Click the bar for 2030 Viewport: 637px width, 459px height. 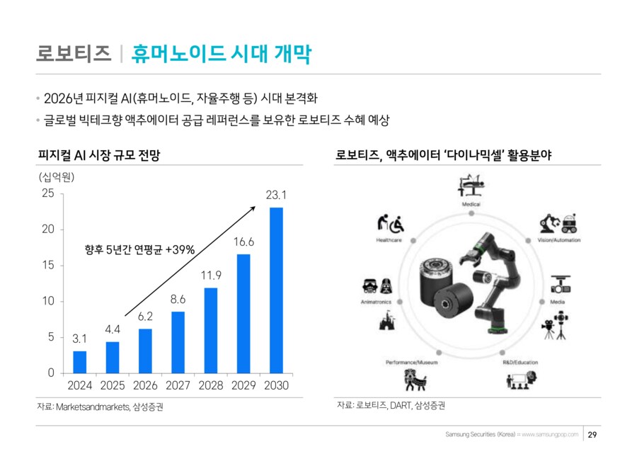276,290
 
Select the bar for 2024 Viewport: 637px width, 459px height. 80,362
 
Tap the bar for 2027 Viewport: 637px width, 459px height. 178,343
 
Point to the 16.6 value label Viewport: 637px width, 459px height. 243,242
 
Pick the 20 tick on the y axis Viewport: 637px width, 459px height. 48,229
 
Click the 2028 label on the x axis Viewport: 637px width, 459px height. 210,386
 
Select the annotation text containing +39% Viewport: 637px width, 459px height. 139,249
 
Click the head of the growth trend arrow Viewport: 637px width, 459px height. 255,206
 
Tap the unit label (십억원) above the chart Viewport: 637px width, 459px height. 57,176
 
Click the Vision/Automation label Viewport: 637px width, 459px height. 559,240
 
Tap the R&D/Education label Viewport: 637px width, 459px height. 521,363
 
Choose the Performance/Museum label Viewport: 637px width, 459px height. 412,363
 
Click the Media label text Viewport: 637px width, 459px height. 557,302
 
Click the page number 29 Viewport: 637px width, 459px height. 594,434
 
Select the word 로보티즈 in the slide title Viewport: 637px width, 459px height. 74,54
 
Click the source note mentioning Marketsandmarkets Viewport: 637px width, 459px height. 104,407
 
